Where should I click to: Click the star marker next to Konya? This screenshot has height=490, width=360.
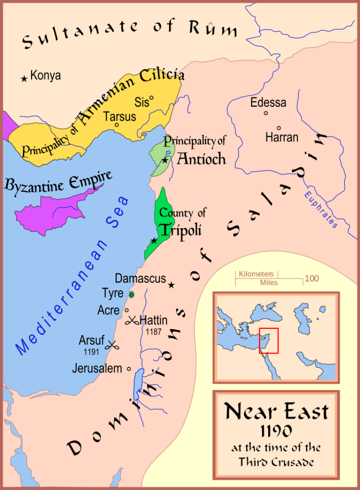coord(23,78)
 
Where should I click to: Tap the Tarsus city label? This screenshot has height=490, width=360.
coord(120,116)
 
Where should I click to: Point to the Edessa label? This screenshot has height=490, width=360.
coord(268,102)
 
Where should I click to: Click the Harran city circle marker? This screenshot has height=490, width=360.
coord(279,128)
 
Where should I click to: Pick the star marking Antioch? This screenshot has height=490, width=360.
coord(165,160)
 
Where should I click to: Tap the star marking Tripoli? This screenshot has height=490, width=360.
coord(154,240)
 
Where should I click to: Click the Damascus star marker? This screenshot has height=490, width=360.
coord(171,285)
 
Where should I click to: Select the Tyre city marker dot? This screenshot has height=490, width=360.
coord(131,294)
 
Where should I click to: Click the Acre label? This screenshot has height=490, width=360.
coord(109,311)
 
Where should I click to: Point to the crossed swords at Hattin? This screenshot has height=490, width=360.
coord(131,321)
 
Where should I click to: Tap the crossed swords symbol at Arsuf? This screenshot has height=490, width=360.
coord(113,345)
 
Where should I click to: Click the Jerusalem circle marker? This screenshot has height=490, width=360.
coord(129,369)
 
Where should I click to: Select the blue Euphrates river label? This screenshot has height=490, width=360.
coord(320,210)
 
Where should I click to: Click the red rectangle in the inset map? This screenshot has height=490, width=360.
coord(269,341)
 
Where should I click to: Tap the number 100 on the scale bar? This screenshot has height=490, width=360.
coord(312,278)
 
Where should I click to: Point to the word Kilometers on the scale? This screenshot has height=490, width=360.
coord(256,274)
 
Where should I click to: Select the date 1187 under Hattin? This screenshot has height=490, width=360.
coord(151,331)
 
